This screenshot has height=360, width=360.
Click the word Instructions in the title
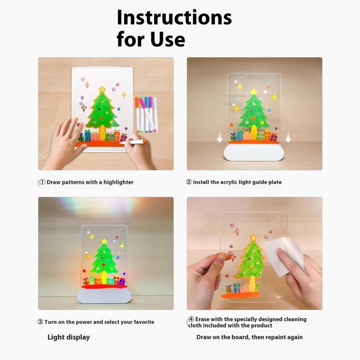click(174, 18)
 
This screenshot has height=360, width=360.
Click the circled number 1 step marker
click(42, 182)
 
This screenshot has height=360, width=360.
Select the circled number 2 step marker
click(189, 182)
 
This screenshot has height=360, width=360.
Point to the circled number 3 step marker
click(40, 322)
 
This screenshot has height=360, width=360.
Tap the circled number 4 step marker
click(191, 319)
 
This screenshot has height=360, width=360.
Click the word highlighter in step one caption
click(118, 182)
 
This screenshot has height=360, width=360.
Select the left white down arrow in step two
click(220, 138)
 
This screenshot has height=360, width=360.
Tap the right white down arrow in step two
click(288, 138)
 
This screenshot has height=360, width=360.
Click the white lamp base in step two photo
click(254, 152)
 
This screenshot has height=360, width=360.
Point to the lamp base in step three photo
click(104, 296)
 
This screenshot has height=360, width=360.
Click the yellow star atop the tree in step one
click(102, 89)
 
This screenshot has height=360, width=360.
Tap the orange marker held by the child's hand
click(133, 142)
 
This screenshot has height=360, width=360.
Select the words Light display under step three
click(69, 337)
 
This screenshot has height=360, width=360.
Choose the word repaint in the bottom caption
click(274, 337)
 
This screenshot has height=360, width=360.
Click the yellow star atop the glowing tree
click(104, 241)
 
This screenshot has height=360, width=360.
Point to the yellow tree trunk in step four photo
click(252, 284)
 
